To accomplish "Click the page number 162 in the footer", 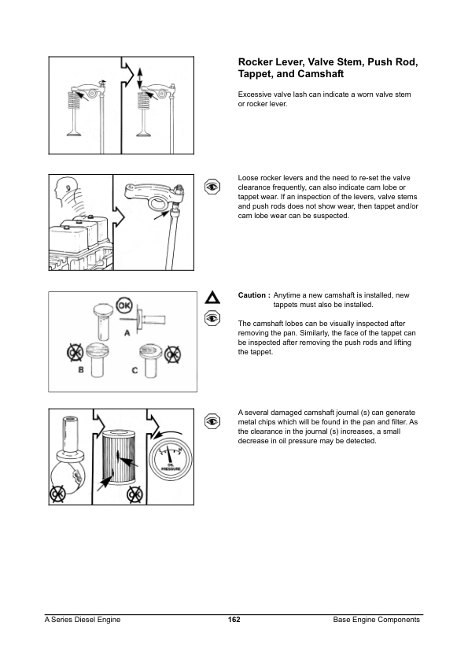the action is pyautogui.click(x=234, y=620).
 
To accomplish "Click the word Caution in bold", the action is pyautogui.click(x=252, y=295).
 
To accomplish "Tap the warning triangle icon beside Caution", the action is pyautogui.click(x=212, y=298).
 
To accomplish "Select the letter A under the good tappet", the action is pyautogui.click(x=127, y=333).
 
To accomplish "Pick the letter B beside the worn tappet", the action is pyautogui.click(x=81, y=369).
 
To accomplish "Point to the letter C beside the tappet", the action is pyautogui.click(x=135, y=370).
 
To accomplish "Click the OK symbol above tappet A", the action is pyautogui.click(x=123, y=305).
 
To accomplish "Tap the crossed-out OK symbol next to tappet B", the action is pyautogui.click(x=75, y=353).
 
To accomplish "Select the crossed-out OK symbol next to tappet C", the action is pyautogui.click(x=172, y=354).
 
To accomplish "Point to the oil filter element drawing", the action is pyautogui.click(x=120, y=457).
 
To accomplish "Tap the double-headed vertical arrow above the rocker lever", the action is pyautogui.click(x=140, y=77).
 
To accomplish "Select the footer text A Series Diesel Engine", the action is pyautogui.click(x=83, y=620).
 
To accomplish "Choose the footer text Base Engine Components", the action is pyautogui.click(x=376, y=620).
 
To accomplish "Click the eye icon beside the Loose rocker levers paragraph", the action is pyautogui.click(x=212, y=187).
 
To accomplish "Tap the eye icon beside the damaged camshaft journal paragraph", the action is pyautogui.click(x=212, y=421).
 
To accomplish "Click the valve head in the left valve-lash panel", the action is pyautogui.click(x=74, y=134).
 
